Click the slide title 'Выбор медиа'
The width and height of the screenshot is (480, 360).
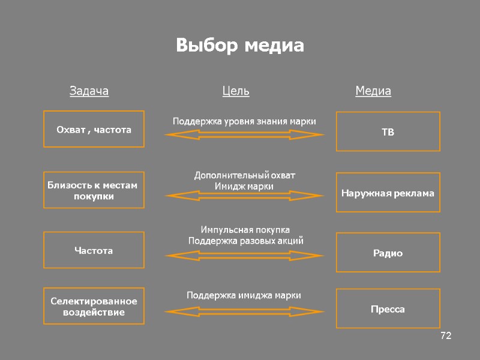240,46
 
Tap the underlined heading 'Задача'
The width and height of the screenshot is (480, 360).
89,91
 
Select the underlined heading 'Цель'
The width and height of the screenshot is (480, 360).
236,91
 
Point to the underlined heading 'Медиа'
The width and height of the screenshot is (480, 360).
373,91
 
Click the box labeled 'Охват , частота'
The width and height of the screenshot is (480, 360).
94,129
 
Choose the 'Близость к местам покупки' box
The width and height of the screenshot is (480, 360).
94,190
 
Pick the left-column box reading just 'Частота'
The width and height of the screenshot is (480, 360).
94,250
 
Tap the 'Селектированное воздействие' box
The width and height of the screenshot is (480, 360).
94,306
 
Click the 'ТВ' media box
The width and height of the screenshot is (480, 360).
388,131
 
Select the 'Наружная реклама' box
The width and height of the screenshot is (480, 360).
388,193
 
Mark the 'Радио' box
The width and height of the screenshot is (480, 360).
388,253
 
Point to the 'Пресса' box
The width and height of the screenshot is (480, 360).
388,308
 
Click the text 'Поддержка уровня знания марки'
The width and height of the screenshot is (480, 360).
244,121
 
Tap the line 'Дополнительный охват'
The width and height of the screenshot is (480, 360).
245,175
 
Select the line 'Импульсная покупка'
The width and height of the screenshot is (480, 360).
245,230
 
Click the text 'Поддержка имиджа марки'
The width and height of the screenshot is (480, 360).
244,295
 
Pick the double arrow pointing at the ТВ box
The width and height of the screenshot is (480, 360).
244,135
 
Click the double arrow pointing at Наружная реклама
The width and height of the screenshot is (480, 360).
244,196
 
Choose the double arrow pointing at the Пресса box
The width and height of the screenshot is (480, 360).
244,311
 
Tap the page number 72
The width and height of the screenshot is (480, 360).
445,335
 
